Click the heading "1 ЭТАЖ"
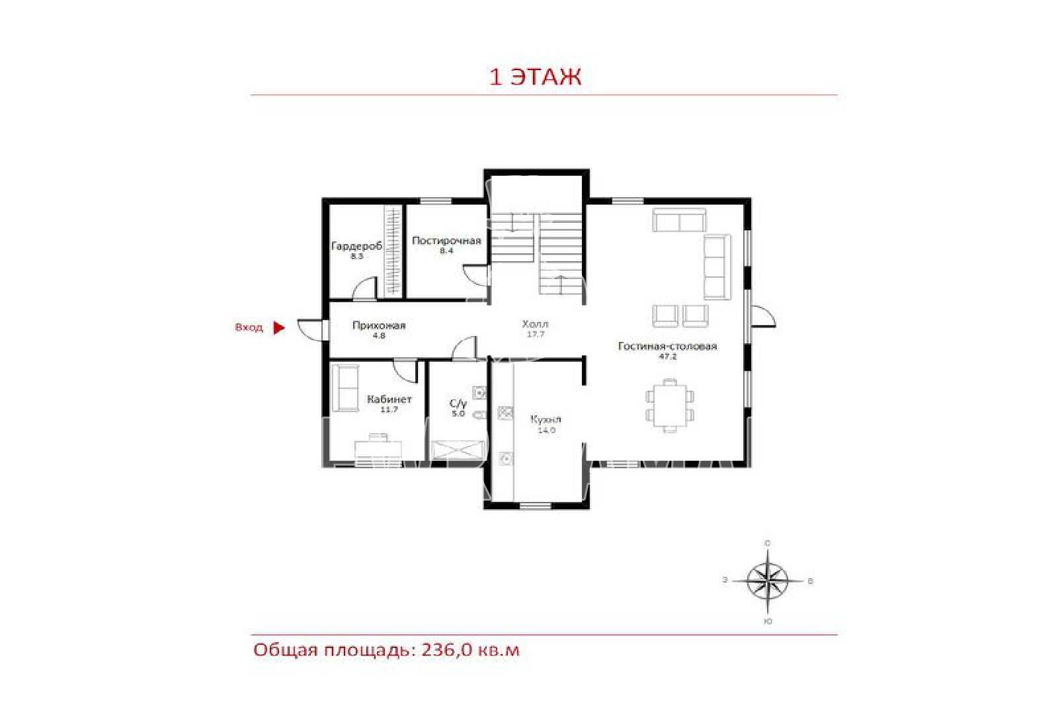535,77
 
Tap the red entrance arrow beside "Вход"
279,327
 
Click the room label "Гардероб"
356,246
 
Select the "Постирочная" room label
446,241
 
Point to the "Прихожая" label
379,325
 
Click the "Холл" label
535,324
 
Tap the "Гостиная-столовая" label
667,347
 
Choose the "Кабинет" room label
389,399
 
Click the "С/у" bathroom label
458,403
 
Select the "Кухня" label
546,419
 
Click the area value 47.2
667,356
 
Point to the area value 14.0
546,431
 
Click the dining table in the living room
669,405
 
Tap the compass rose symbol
768,581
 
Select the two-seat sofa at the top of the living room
679,220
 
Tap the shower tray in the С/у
458,450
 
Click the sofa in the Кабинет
345,388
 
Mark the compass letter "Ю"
768,622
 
